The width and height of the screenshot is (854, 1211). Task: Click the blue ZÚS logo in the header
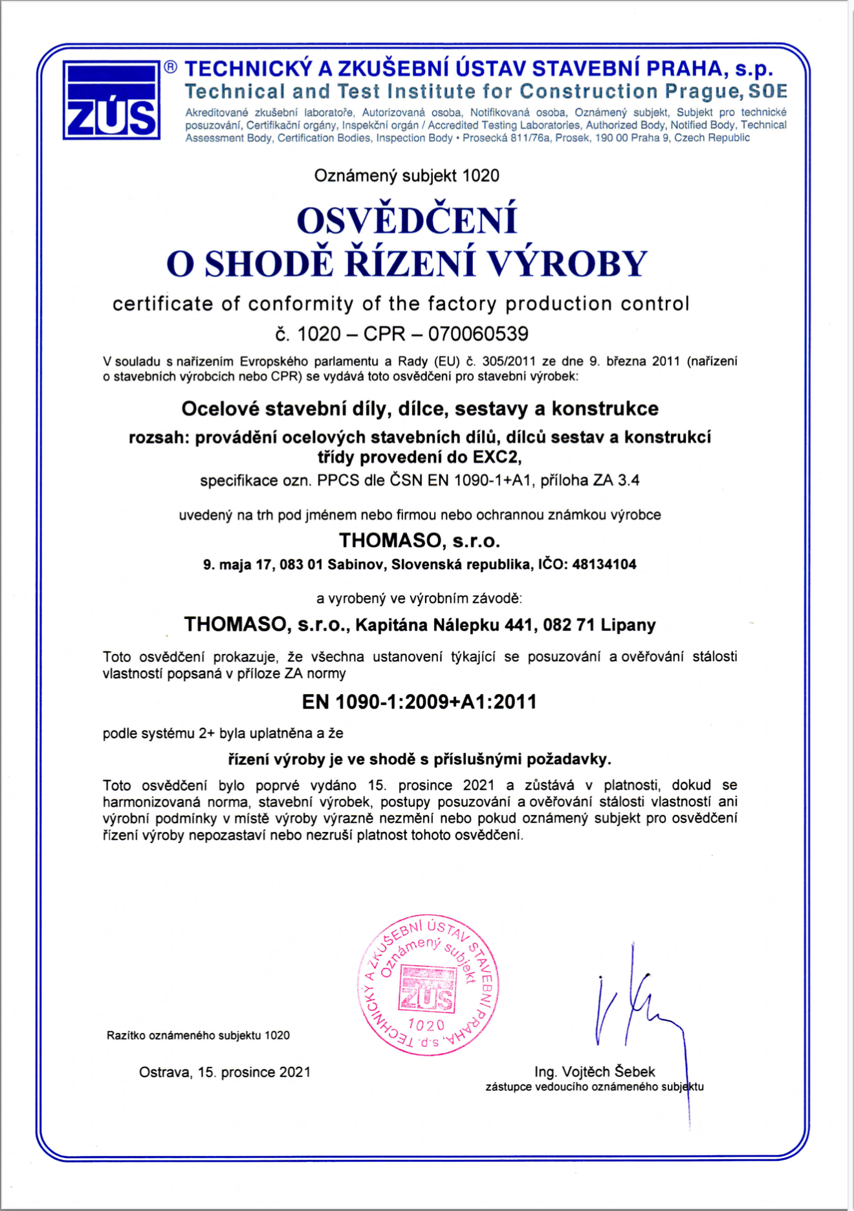click(x=111, y=100)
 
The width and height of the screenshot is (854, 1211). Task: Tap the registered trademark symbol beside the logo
click(x=170, y=67)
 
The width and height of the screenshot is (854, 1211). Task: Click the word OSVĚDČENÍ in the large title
click(x=407, y=220)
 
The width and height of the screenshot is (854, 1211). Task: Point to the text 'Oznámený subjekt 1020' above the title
click(x=406, y=175)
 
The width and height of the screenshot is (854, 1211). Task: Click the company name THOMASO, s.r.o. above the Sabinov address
click(x=419, y=540)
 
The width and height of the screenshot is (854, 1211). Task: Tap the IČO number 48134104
click(x=604, y=565)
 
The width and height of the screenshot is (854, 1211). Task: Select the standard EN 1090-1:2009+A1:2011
click(x=419, y=702)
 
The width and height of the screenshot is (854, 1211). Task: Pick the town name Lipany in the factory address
click(x=628, y=625)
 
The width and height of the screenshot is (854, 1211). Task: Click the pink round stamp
click(x=428, y=985)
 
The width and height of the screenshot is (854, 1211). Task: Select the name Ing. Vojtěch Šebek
click(x=595, y=1072)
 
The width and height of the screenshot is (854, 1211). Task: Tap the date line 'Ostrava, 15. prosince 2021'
click(x=224, y=1072)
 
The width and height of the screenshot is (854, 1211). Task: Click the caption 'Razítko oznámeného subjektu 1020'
click(x=198, y=1035)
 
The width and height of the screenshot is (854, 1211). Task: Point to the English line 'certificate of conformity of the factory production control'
click(x=401, y=303)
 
